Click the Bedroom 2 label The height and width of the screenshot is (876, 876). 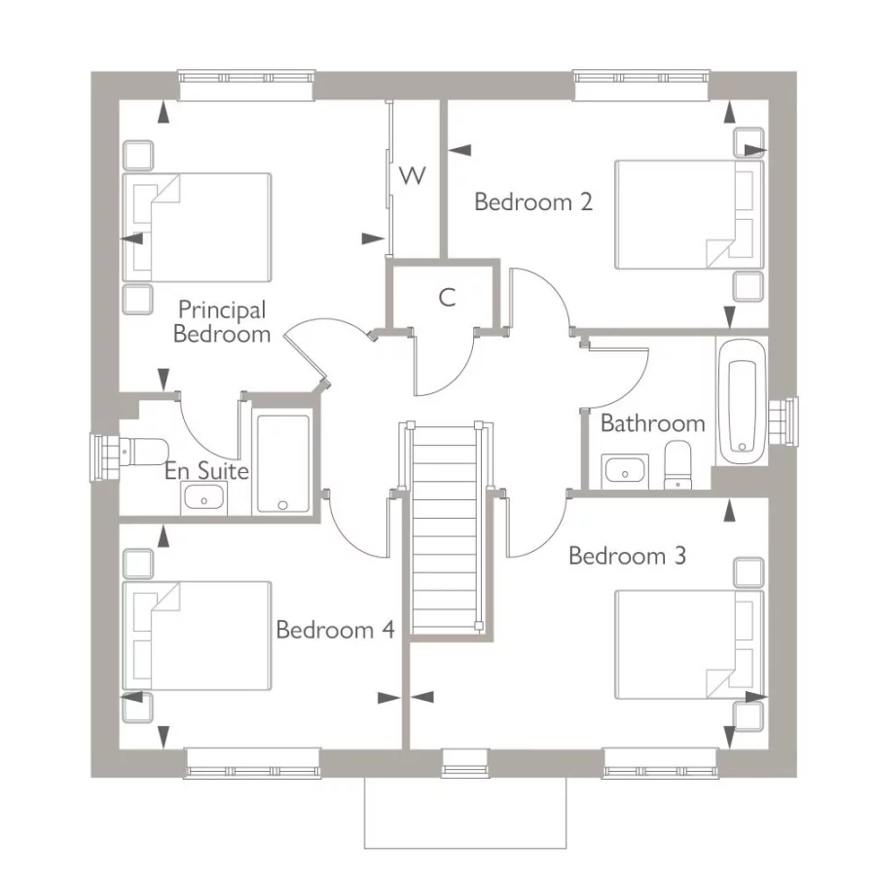(x=533, y=201)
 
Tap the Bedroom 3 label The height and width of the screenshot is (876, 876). (x=627, y=556)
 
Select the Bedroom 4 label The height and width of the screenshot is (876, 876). (x=335, y=630)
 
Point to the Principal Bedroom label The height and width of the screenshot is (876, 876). (x=222, y=322)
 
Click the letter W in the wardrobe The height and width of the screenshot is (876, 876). (x=413, y=175)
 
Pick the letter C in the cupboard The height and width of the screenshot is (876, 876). (x=447, y=297)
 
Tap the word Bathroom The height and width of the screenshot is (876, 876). (x=652, y=423)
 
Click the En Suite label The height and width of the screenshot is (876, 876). (x=206, y=470)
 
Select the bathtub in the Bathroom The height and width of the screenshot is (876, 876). (x=742, y=401)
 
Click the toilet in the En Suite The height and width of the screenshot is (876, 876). (x=144, y=451)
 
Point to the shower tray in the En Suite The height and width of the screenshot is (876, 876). (x=282, y=463)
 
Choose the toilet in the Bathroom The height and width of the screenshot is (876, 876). (x=677, y=465)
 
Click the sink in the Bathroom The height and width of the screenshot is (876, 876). (x=625, y=471)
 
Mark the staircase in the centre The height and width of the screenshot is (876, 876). (x=445, y=528)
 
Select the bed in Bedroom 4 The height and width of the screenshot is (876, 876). (x=197, y=636)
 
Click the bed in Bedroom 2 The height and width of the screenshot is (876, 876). (x=689, y=214)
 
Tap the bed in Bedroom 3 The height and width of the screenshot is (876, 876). (x=689, y=644)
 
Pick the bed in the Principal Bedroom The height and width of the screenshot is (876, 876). (x=197, y=228)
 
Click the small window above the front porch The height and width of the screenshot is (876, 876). (x=465, y=763)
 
